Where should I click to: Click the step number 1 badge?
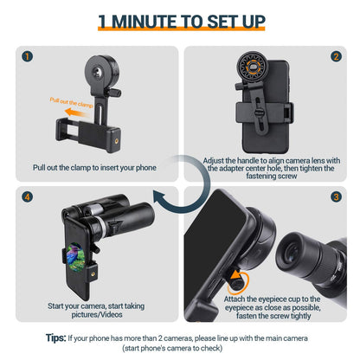(x=29, y=58)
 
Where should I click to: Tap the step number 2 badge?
(x=336, y=58)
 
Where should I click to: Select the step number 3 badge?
(x=336, y=198)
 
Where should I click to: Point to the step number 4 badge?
(x=29, y=198)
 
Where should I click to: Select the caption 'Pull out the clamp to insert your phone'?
(x=94, y=167)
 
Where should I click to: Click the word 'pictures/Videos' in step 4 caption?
(x=94, y=316)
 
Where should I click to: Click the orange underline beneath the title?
(x=180, y=35)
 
